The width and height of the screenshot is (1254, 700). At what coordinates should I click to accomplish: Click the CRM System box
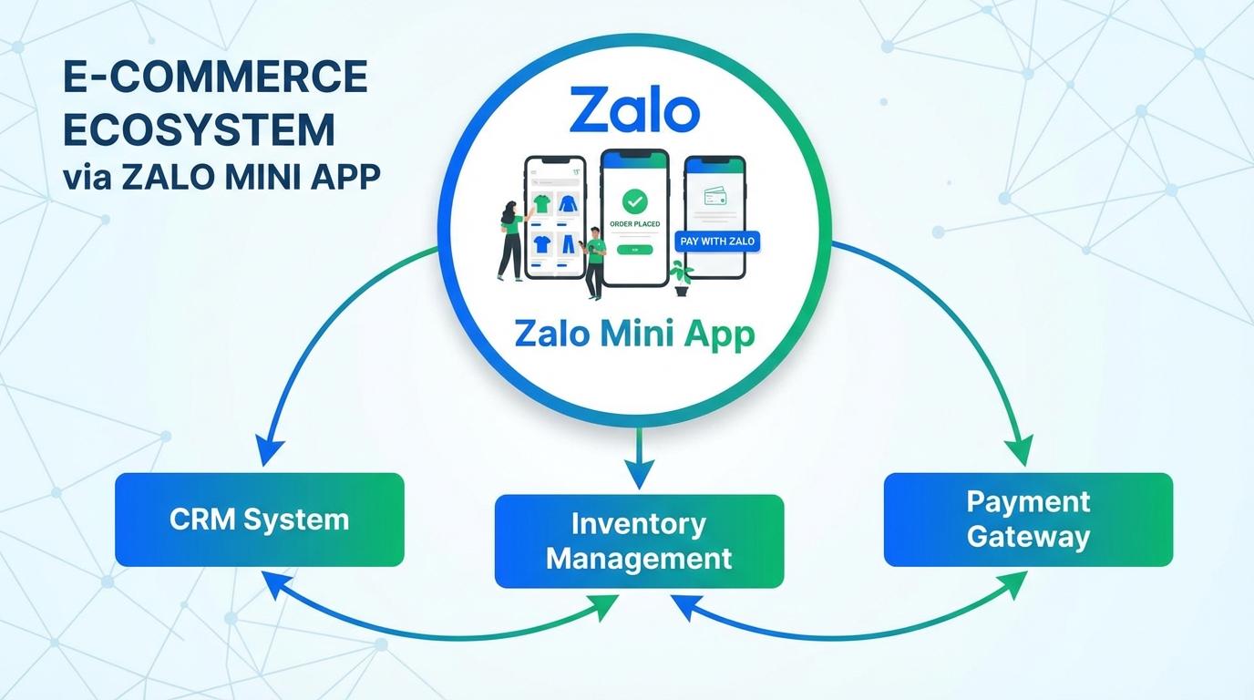[x=259, y=520]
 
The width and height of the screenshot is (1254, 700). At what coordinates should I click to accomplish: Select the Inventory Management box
[x=638, y=540]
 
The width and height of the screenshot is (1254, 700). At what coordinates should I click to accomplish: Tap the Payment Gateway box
[x=1028, y=519]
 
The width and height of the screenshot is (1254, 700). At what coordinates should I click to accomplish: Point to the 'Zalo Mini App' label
[x=634, y=335]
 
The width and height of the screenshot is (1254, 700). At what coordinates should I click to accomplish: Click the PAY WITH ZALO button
[x=718, y=242]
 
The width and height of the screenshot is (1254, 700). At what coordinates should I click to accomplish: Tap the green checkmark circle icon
[x=633, y=201]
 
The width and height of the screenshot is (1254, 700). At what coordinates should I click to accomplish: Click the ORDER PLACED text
[x=633, y=223]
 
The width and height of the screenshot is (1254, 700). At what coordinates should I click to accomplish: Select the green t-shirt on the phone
[x=541, y=204]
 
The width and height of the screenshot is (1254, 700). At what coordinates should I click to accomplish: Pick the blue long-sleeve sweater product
[x=568, y=204]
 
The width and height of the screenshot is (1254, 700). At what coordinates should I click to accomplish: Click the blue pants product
[x=568, y=243]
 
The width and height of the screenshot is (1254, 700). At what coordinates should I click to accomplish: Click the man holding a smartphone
[x=594, y=262]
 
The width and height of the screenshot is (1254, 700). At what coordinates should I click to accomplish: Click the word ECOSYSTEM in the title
[x=199, y=129]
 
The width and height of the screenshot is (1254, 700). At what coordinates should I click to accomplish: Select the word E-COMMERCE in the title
[x=215, y=77]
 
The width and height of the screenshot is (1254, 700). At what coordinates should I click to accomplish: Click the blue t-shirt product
[x=541, y=243]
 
